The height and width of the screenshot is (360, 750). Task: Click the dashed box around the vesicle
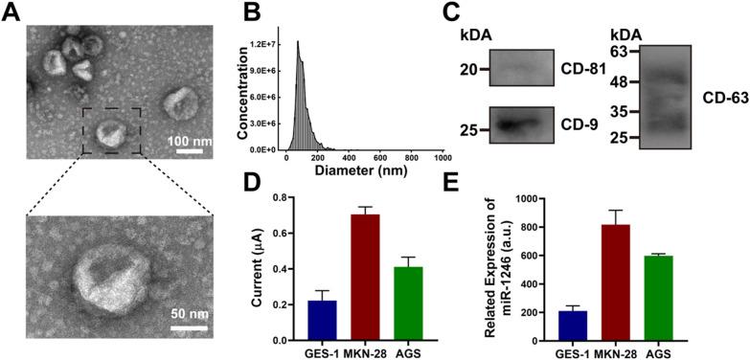113,128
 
